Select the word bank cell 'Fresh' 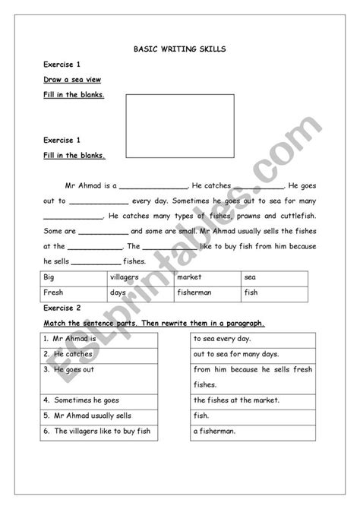point(55,292)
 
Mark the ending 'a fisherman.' point(215,431)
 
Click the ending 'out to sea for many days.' point(236,354)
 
